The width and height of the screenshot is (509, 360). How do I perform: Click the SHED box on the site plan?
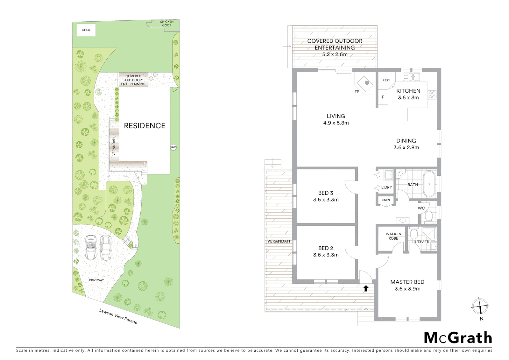tap(86, 30)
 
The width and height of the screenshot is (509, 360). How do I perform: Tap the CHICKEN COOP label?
tap(167, 23)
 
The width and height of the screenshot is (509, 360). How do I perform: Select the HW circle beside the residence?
tap(173, 147)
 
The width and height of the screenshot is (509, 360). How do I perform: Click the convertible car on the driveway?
tap(91, 247)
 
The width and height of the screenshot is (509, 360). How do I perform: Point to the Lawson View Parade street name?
tap(118, 316)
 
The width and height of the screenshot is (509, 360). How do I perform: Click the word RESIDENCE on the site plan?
tap(145, 126)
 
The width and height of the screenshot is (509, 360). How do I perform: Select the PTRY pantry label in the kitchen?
tap(386, 80)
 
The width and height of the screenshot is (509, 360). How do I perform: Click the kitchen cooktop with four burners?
tap(432, 95)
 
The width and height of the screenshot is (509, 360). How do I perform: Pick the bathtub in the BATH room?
tap(429, 184)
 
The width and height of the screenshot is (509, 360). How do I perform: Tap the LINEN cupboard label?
tap(386, 200)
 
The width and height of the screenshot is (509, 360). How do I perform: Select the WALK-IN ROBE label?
tap(393, 236)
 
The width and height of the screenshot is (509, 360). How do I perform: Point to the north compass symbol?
tap(480, 306)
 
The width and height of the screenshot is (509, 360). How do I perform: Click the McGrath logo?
tap(458, 338)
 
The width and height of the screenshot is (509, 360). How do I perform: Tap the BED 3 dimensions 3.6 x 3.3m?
tap(326, 200)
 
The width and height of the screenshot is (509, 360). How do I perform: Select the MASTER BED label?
tap(407, 282)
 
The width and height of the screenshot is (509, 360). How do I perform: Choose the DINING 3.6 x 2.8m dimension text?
tap(406, 147)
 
